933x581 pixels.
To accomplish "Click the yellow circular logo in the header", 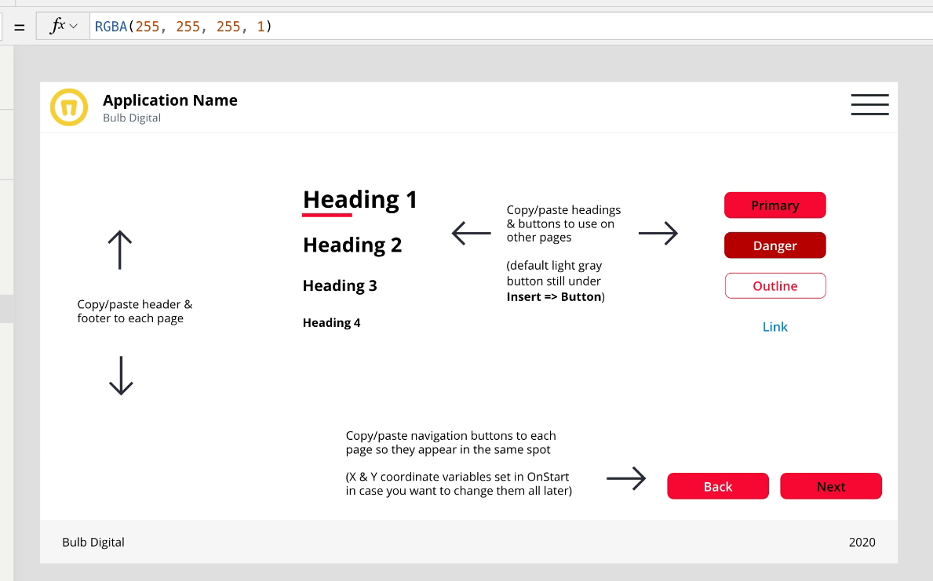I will [69, 107].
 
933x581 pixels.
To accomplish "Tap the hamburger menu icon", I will [869, 105].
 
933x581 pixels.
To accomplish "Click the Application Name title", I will [170, 100].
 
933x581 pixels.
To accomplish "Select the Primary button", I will [774, 205].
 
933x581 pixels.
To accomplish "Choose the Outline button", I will [774, 286].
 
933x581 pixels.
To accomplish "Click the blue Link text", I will [774, 327].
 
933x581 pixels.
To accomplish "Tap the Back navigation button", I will [717, 486].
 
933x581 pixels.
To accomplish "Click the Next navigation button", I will [830, 486].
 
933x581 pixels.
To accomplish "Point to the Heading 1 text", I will [360, 199].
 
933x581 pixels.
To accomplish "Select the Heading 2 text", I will [352, 245].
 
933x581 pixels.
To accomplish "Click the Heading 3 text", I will [340, 285].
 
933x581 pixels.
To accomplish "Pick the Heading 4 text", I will [331, 322].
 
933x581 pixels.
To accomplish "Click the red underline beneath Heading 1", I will [327, 214].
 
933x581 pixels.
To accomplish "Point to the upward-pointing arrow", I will [119, 250].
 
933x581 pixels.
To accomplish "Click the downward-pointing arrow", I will [120, 376].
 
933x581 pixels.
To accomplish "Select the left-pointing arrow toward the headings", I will [472, 233].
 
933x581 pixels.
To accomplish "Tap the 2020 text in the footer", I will [862, 542].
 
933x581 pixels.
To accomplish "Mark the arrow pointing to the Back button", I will [626, 478].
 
